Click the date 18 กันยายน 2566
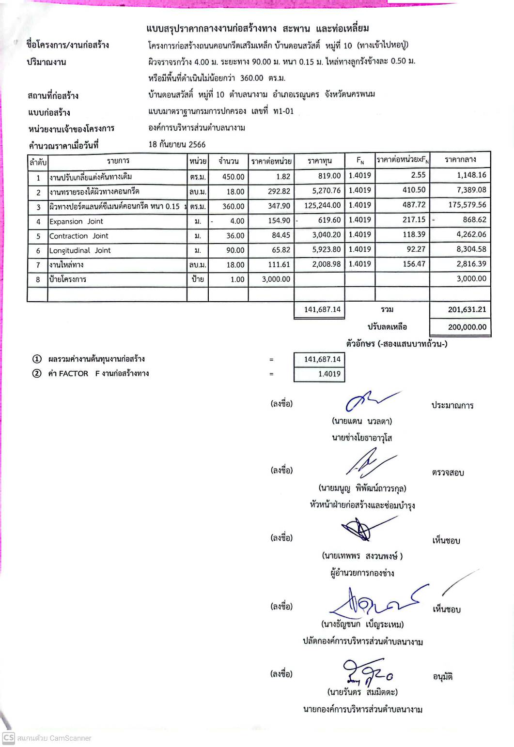pyautogui.click(x=177, y=144)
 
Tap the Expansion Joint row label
pyautogui.click(x=76, y=221)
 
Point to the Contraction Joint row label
pyautogui.click(x=78, y=236)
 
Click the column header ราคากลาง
pyautogui.click(x=460, y=160)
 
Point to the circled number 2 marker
pyautogui.click(x=37, y=373)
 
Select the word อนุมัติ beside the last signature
pyautogui.click(x=442, y=676)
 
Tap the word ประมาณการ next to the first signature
pyautogui.click(x=452, y=405)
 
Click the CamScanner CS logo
pyautogui.click(x=8, y=738)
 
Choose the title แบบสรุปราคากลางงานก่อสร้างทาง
pyautogui.click(x=211, y=29)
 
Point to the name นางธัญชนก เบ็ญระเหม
pyautogui.click(x=362, y=624)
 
